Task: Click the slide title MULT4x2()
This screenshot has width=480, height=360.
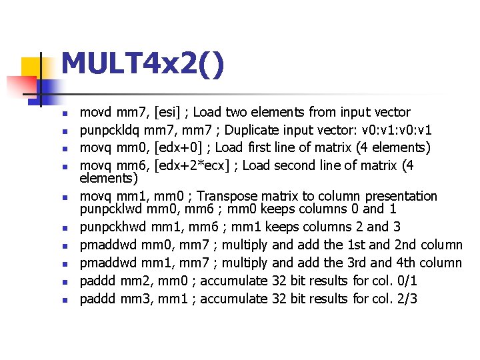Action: pos(142,65)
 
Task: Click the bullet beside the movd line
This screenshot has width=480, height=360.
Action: pos(63,113)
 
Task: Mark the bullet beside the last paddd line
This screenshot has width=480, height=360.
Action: pos(63,299)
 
